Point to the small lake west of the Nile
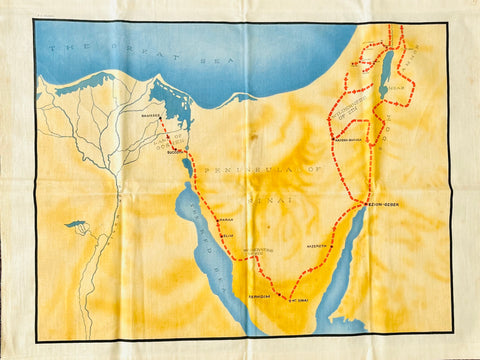(76, 224)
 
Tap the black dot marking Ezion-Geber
(368, 203)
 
